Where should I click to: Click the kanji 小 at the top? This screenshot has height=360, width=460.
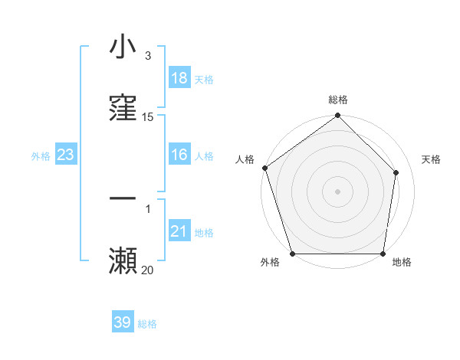[x=123, y=47]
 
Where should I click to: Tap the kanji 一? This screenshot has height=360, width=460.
[x=123, y=199]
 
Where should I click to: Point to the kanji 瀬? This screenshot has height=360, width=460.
[x=123, y=260]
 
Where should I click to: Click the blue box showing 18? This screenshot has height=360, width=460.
[x=179, y=78]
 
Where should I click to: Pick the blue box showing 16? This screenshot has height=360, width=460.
[x=179, y=155]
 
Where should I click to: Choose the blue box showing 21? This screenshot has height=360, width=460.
[x=179, y=231]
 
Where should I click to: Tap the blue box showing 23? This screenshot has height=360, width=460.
[x=66, y=155]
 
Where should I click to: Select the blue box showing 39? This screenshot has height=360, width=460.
[x=123, y=322]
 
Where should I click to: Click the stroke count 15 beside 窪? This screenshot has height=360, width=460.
[x=148, y=116]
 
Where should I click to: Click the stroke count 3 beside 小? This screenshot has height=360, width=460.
[x=148, y=56]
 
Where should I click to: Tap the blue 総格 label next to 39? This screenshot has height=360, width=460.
[x=147, y=324]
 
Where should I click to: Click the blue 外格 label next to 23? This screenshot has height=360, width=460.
[x=41, y=156]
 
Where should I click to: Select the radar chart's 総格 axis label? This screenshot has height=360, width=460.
[x=338, y=100]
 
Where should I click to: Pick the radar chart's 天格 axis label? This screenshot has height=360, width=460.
[x=432, y=159]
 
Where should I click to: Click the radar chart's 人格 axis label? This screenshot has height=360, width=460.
[x=245, y=159]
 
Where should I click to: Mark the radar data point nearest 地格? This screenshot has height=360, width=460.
[x=383, y=254]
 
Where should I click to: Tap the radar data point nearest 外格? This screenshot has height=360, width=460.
[x=292, y=254]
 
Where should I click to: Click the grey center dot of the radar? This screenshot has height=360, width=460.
[x=338, y=191]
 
